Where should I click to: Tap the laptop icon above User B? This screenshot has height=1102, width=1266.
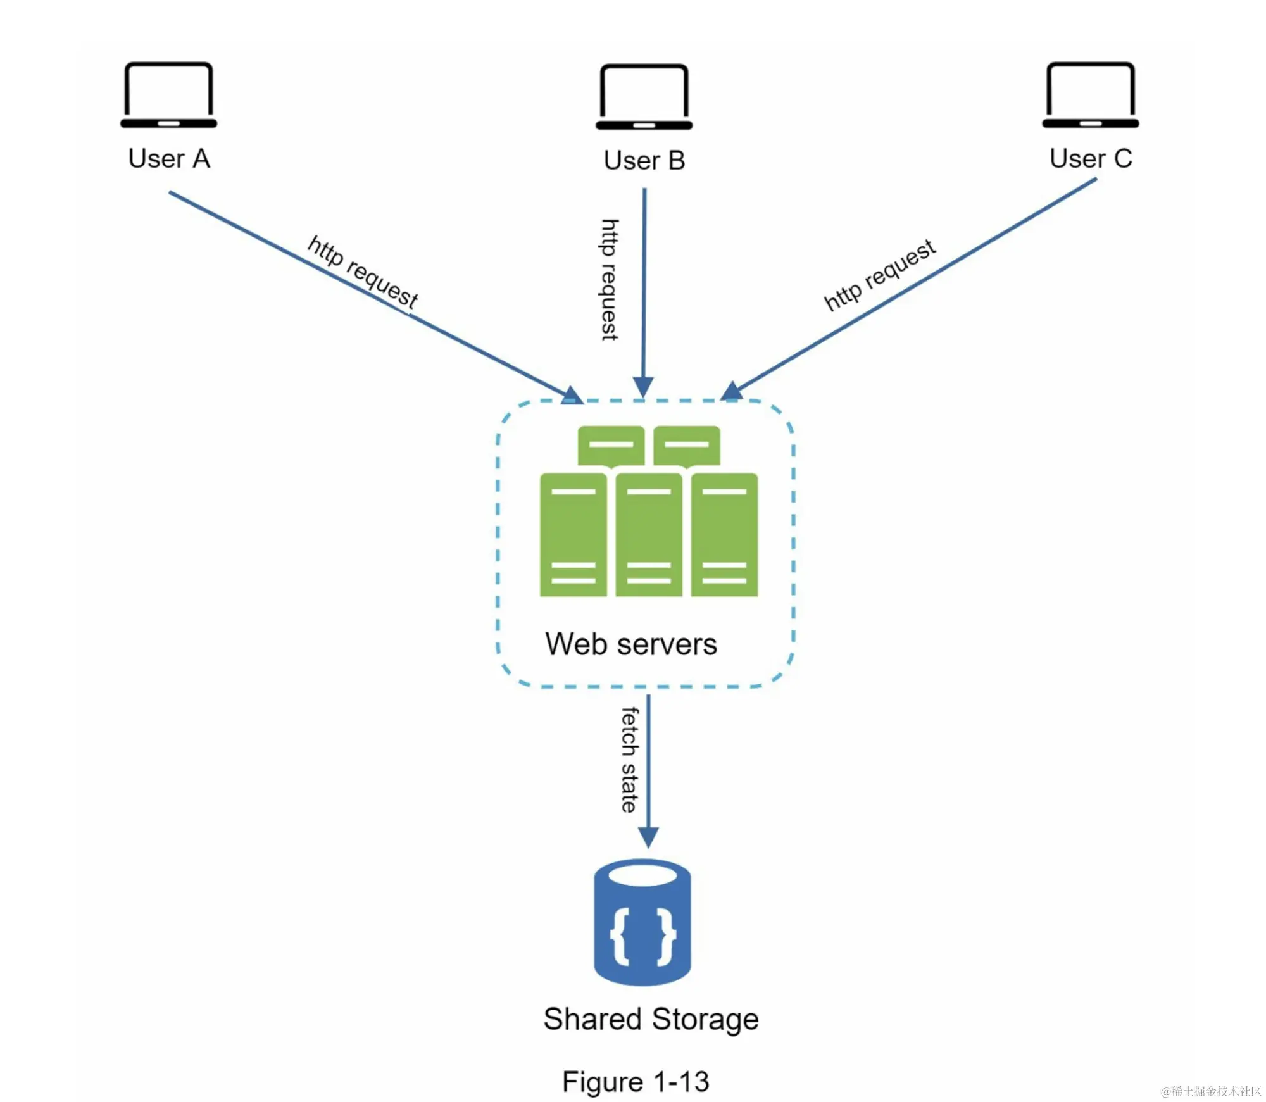(644, 97)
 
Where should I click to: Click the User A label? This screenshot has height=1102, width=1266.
(169, 158)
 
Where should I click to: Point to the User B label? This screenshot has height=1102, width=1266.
(644, 161)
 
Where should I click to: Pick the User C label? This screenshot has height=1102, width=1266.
(1091, 158)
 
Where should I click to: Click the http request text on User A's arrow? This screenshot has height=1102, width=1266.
(363, 272)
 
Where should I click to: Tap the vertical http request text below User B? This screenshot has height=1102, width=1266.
(610, 279)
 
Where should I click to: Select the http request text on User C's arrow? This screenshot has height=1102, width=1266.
(880, 275)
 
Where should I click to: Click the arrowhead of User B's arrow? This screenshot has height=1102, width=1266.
(643, 387)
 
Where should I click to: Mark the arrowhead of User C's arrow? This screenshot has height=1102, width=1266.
(732, 391)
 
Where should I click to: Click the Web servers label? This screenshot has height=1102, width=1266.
(631, 644)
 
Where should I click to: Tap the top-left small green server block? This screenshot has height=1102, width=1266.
(611, 445)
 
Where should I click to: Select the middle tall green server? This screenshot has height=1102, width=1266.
(649, 535)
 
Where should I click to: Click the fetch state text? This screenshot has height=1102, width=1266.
(630, 760)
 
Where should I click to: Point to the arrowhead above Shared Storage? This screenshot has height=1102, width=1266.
(648, 837)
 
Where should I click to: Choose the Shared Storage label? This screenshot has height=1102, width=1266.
(651, 1019)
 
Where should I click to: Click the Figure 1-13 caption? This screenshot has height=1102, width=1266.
(636, 1081)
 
